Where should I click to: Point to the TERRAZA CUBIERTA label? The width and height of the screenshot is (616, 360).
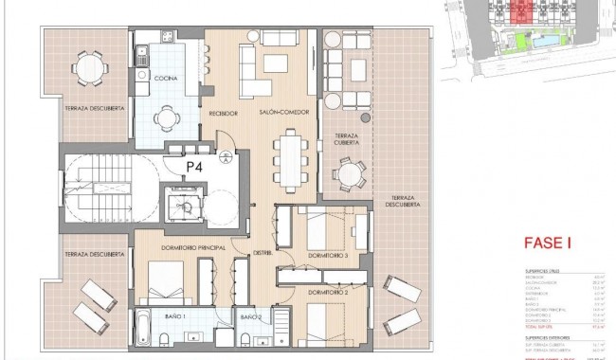[x=347, y=142]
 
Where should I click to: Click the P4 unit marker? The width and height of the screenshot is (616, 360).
[x=194, y=166]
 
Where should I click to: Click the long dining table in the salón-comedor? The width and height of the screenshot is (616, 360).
[x=291, y=153]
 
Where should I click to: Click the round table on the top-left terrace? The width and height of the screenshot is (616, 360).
[x=88, y=67]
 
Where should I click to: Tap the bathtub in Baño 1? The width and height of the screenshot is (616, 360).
[x=141, y=336]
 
